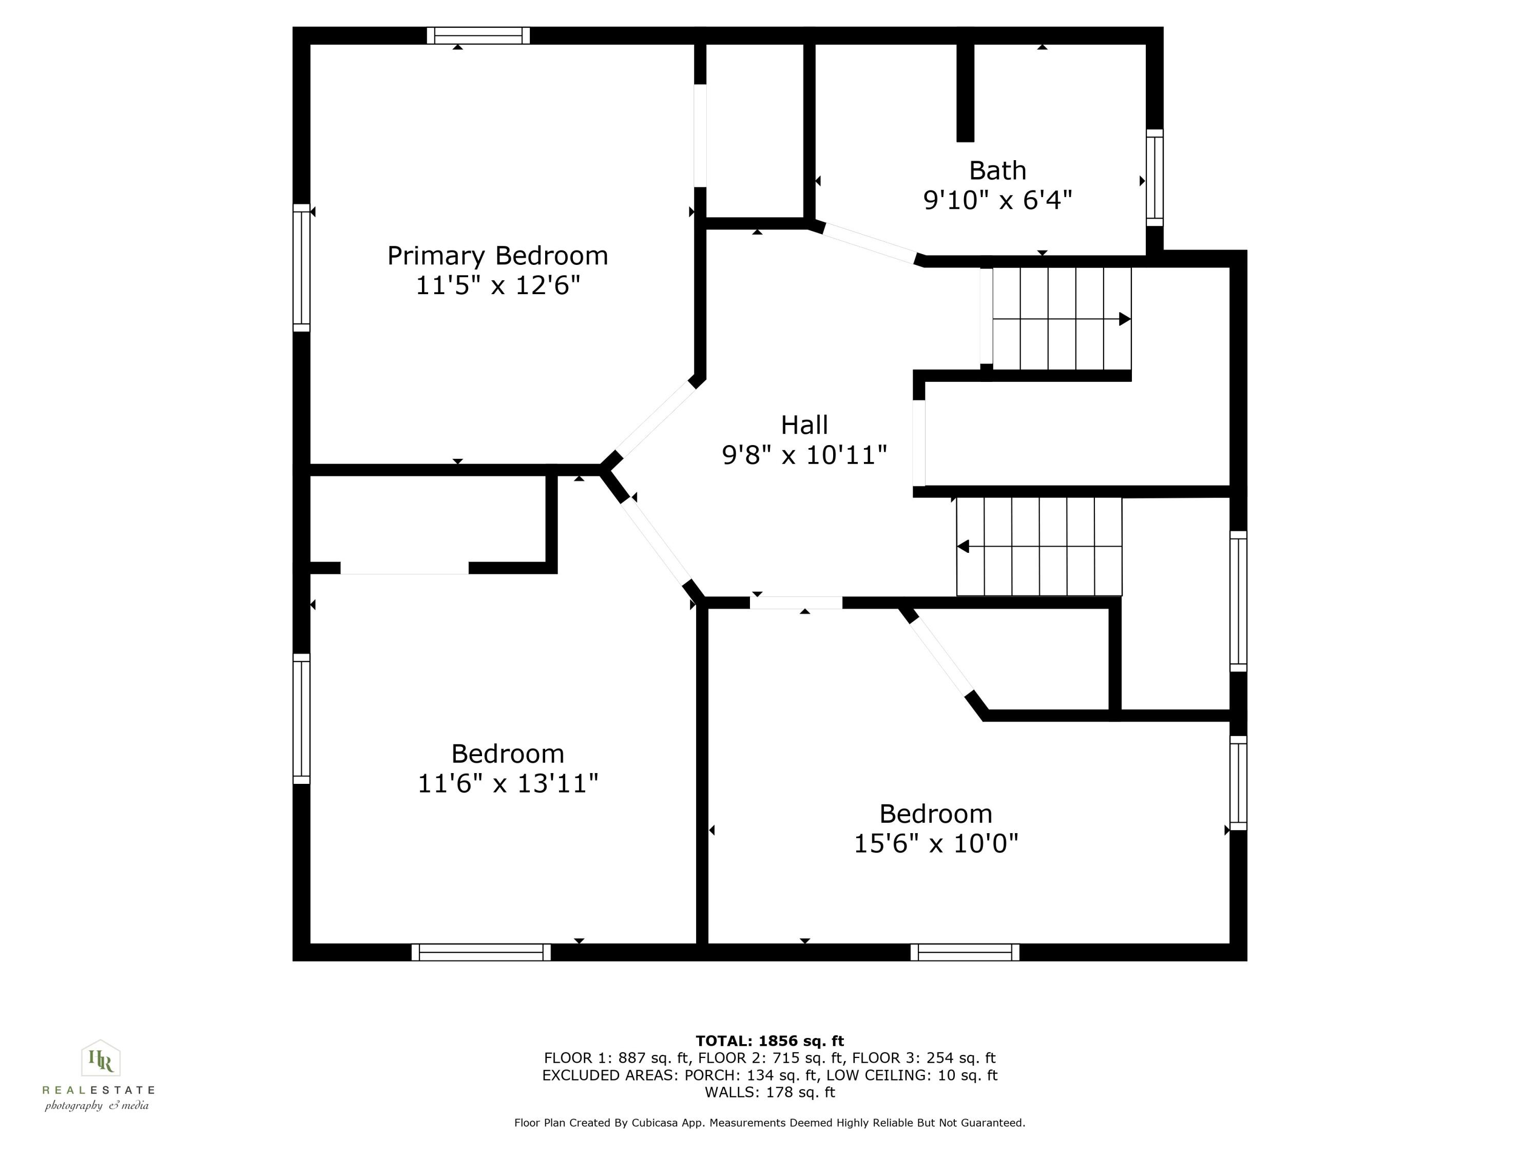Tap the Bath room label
997,170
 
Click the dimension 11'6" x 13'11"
508,784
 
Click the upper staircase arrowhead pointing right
1124,319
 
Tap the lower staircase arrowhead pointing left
964,547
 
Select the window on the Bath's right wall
1154,178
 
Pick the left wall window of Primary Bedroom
301,268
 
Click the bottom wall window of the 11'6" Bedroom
480,952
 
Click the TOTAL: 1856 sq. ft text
769,1041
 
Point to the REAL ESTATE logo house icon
101,1059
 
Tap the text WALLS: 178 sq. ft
769,1092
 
